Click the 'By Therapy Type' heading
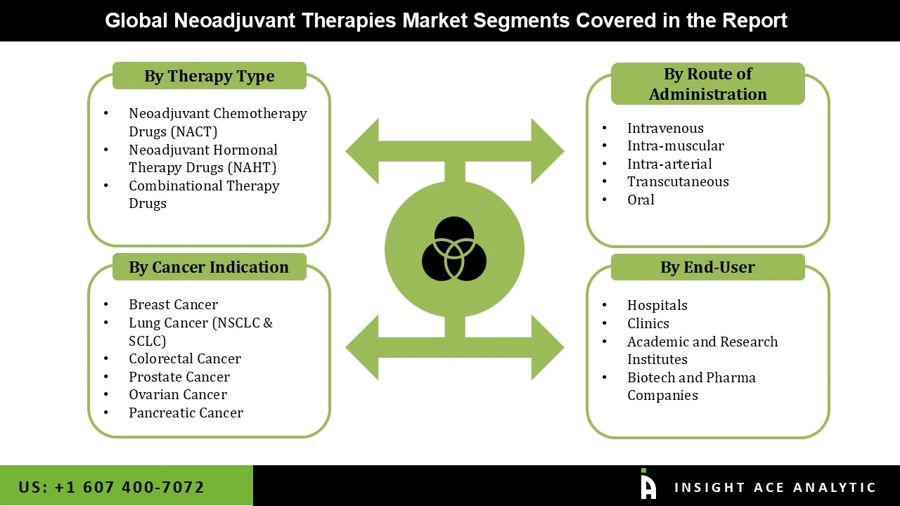[209, 76]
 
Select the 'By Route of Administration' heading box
[707, 84]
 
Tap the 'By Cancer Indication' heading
[209, 267]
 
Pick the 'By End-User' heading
[707, 267]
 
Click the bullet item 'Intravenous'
[665, 128]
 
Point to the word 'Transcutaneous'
[678, 181]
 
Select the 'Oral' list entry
[641, 200]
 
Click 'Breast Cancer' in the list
[173, 304]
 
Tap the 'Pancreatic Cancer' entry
[186, 413]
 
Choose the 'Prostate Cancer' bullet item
[179, 377]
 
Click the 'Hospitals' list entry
[657, 305]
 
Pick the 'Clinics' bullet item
[648, 323]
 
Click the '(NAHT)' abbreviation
[251, 167]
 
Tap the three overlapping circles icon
[454, 249]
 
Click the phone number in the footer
[112, 487]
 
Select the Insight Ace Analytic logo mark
[648, 485]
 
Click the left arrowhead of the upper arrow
[363, 150]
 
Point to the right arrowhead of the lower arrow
[547, 347]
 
